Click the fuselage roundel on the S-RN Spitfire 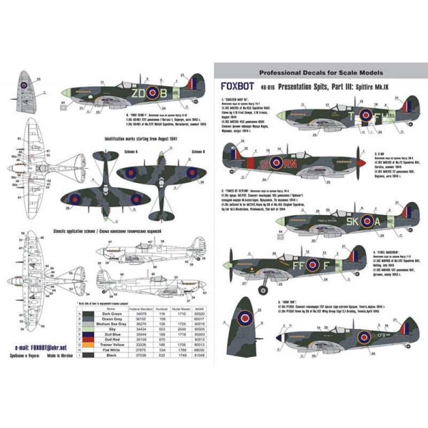pyautogui.click(x=276, y=162)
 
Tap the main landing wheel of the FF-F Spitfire pyautogui.click(x=263, y=289)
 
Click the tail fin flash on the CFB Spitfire pyautogui.click(x=409, y=330)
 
